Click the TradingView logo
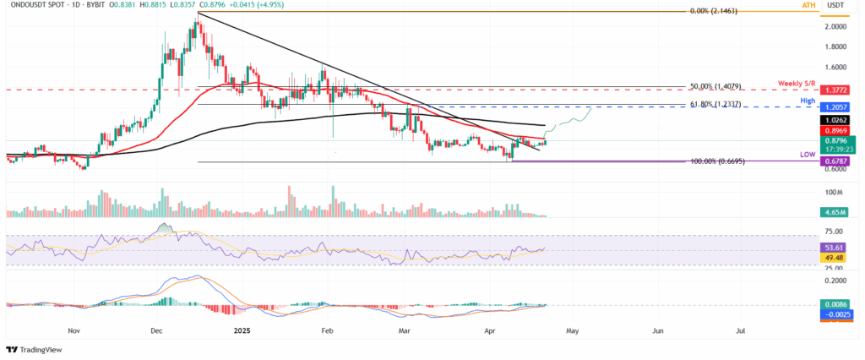pos(36,349)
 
